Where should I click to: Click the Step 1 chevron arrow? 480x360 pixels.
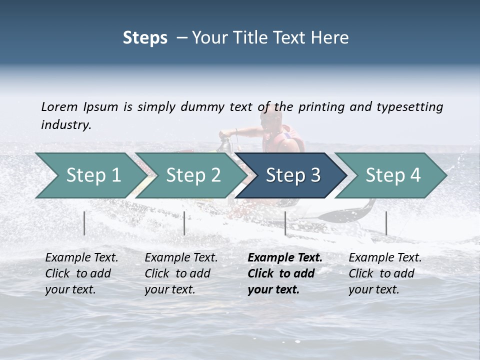tap(90, 175)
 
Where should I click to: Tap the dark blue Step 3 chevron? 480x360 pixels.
tap(292, 175)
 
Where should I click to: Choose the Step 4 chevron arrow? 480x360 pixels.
tap(392, 175)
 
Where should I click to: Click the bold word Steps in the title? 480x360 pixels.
tap(145, 38)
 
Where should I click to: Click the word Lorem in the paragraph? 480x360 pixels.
tap(59, 106)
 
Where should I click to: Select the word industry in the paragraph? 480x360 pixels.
tap(65, 124)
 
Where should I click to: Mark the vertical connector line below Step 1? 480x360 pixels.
tap(84, 223)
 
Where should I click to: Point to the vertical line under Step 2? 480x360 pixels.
tap(184, 223)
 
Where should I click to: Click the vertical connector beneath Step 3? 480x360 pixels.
tap(285, 223)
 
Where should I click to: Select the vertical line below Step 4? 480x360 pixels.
tap(386, 223)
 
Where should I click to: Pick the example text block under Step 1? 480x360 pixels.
tap(81, 273)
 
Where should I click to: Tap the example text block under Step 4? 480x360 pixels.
tap(385, 273)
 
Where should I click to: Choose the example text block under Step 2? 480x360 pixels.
tap(181, 273)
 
